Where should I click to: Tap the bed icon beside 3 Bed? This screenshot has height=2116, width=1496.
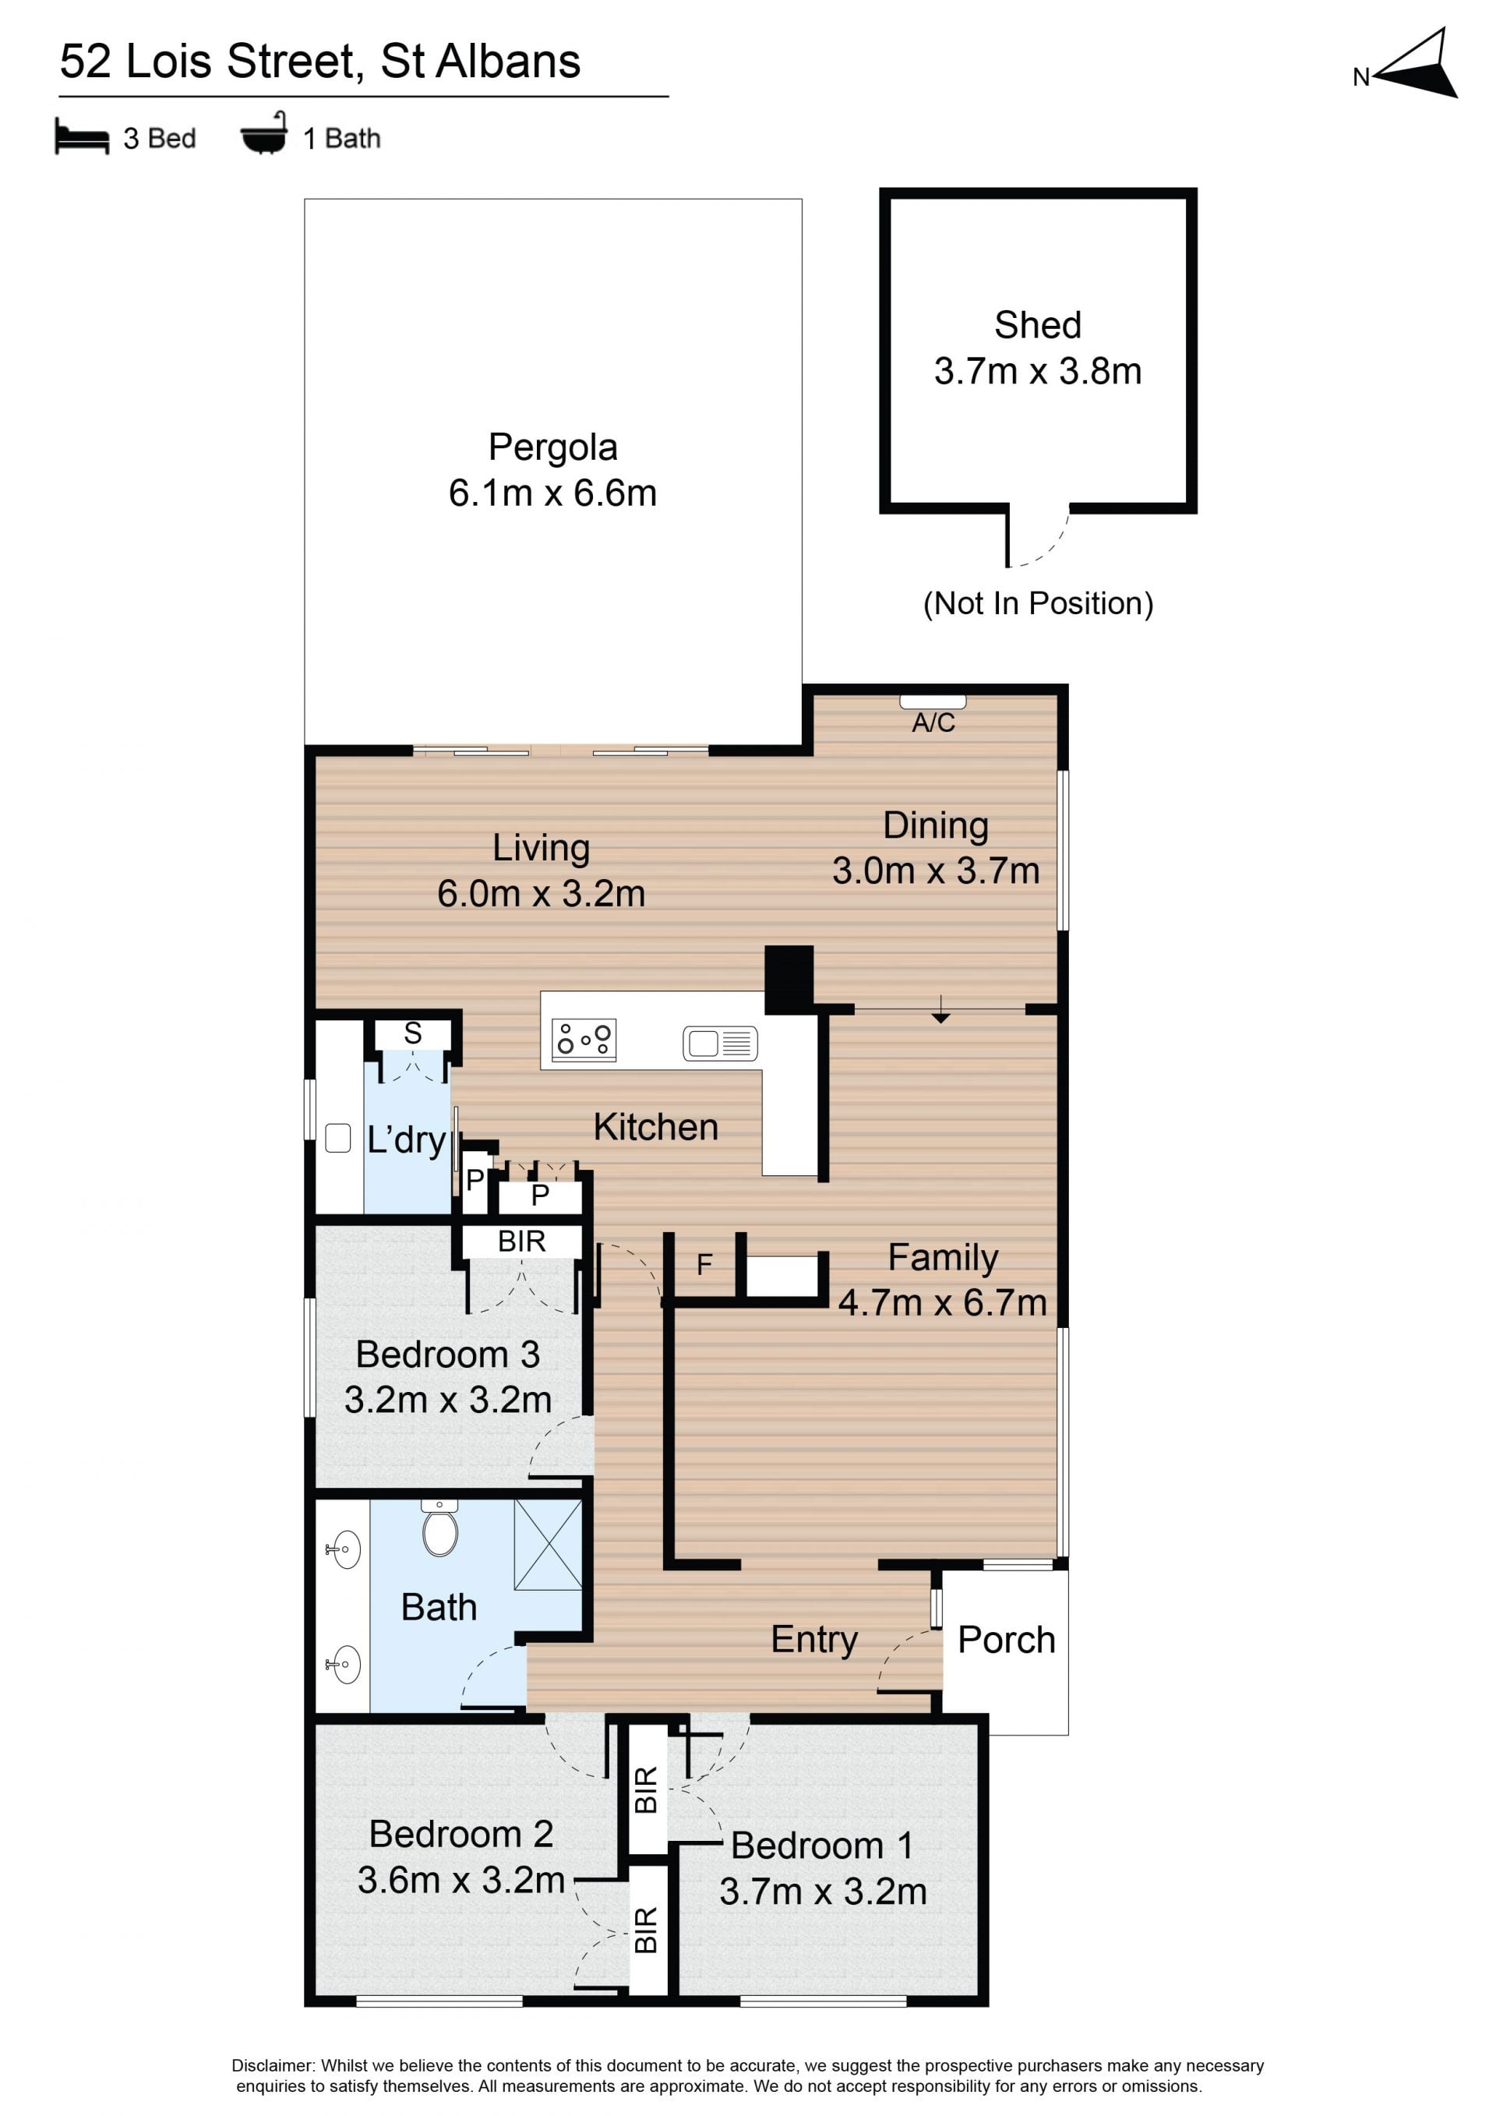82,136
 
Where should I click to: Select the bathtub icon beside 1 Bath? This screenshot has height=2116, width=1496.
264,135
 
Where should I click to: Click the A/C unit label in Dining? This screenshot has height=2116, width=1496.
933,722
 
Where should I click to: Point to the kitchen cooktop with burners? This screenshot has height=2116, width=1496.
584,1040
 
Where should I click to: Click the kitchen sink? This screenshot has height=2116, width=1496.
721,1042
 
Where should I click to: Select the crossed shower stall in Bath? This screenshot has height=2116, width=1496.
548,1545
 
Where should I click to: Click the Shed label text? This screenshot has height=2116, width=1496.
1037,325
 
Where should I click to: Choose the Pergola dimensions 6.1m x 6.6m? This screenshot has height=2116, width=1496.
552,493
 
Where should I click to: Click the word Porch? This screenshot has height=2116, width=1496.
1006,1640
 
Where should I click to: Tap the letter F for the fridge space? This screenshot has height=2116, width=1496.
704,1264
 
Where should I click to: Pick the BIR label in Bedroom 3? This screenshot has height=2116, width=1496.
521,1242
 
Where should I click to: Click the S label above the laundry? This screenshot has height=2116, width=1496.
413,1033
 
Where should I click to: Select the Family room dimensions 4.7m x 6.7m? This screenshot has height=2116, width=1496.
942,1302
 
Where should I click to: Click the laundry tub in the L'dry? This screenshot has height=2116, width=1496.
338,1138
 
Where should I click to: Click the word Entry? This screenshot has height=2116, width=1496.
814,1640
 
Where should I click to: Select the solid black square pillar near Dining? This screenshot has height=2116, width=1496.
789,980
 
